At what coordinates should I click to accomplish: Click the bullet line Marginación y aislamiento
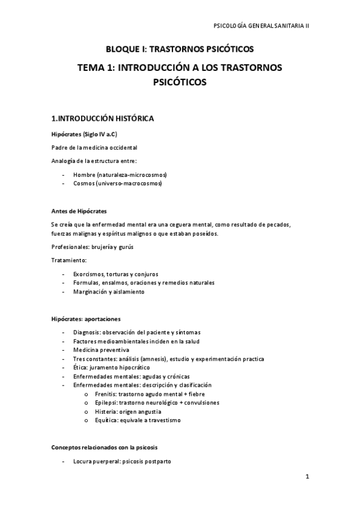click(x=109, y=292)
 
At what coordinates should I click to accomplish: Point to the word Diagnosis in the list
click(x=87, y=333)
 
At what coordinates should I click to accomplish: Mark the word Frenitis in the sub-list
click(x=105, y=394)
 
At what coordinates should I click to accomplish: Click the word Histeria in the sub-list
click(x=105, y=411)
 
